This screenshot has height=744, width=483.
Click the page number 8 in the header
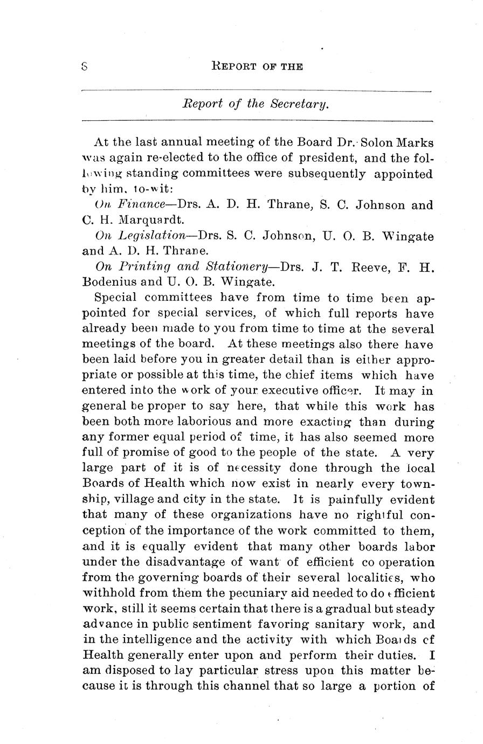[85, 66]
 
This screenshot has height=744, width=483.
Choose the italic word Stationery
[237, 266]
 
